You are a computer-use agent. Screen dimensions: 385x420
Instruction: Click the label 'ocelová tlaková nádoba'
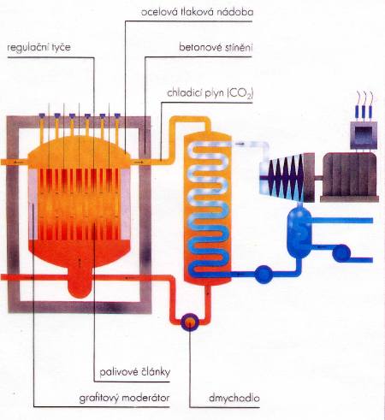coord(197,12)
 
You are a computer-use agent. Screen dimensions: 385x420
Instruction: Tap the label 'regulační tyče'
coord(38,47)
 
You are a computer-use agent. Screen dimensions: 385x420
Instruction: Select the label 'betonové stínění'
coord(216,47)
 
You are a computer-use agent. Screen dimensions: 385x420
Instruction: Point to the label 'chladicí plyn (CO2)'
coord(210,93)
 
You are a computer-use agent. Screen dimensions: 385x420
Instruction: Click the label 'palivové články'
coord(135,372)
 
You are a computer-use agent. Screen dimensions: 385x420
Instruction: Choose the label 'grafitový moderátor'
coord(124,398)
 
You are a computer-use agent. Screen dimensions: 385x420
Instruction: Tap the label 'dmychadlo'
coord(234,398)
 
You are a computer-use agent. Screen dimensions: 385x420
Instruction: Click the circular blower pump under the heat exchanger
coord(190,322)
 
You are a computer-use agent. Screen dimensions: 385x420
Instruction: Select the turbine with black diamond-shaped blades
coord(287,177)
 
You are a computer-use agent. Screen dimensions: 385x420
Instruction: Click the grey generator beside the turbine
coord(350,177)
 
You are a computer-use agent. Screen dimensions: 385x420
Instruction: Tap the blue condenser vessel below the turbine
coord(299,233)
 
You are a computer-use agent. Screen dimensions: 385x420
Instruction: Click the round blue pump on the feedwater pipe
coord(264,275)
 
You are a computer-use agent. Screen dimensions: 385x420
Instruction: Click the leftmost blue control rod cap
coord(42,115)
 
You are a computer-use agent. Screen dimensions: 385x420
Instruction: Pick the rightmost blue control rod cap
coord(117,115)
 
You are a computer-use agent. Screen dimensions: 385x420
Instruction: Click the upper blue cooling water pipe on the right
coord(342,220)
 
